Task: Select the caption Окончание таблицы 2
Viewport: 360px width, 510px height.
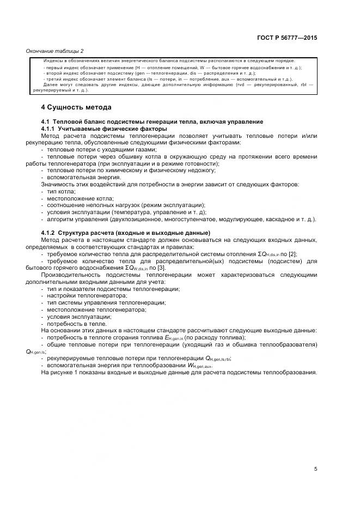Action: point(55,51)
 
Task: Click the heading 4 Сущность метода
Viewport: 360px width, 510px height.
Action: point(76,107)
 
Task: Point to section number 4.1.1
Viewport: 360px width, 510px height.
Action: point(50,129)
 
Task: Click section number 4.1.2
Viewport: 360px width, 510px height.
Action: point(50,233)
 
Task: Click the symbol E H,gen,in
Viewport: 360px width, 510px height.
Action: point(173,338)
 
